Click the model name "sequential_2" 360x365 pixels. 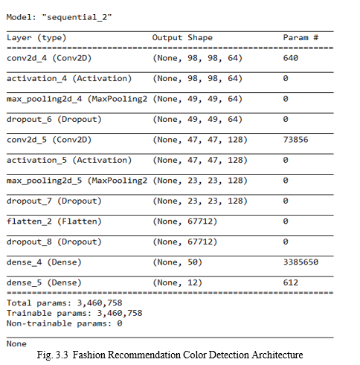(77, 17)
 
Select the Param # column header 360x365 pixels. (300, 38)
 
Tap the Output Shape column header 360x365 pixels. (182, 38)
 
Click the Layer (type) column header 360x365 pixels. (36, 38)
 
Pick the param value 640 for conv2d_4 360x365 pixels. (291, 58)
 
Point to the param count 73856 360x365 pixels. (295, 140)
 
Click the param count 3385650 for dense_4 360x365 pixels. (300, 262)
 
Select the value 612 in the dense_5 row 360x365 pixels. (291, 282)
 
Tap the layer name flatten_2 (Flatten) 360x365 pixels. (54, 222)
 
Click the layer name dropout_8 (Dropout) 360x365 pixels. (54, 242)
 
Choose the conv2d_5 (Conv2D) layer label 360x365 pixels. (49, 140)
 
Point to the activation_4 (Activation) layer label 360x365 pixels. (69, 79)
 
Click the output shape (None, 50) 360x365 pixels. (178, 262)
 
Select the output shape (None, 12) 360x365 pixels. (178, 282)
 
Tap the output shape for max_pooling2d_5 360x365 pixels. (200, 181)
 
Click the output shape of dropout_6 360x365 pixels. (198, 120)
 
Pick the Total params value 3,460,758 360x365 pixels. (100, 303)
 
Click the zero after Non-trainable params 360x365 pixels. (120, 323)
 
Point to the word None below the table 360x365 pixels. (16, 344)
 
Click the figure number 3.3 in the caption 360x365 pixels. (62, 355)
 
